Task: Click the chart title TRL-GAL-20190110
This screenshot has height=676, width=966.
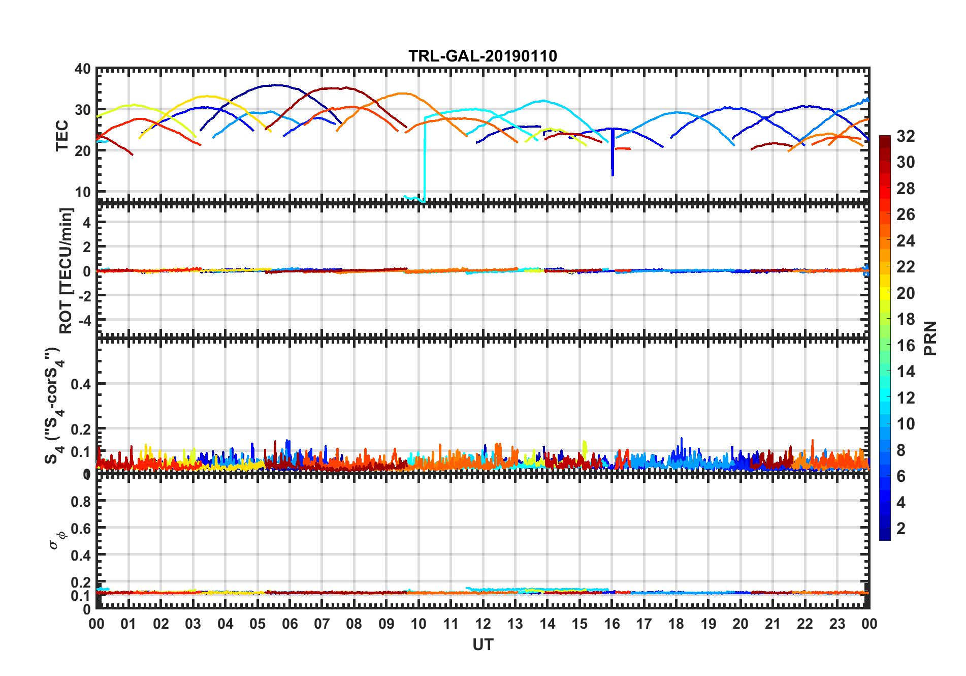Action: click(x=482, y=55)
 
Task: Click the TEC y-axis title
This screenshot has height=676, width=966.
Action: click(x=62, y=135)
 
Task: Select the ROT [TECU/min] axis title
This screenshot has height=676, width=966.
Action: click(x=66, y=270)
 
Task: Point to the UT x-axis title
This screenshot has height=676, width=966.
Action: click(x=482, y=645)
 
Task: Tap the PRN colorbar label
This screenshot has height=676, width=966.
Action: click(x=930, y=338)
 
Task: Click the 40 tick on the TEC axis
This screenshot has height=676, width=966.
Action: click(x=83, y=69)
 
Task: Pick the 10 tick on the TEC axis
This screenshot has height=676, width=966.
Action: click(x=83, y=192)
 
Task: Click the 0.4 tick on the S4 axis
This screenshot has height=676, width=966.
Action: click(x=81, y=384)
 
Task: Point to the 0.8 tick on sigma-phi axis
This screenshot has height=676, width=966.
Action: click(x=81, y=501)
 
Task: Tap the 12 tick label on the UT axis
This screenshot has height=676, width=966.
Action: click(x=483, y=624)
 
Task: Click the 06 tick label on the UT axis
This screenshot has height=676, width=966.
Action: click(x=289, y=624)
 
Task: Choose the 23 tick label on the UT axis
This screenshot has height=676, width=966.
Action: click(x=837, y=624)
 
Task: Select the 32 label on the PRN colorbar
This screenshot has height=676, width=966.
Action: click(x=906, y=136)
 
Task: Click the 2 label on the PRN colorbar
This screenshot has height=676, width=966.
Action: click(x=901, y=529)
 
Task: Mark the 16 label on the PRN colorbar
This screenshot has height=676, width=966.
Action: click(x=906, y=346)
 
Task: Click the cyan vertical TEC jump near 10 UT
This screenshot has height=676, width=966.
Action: click(x=425, y=158)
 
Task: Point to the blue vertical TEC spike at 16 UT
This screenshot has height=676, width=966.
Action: click(x=613, y=152)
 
